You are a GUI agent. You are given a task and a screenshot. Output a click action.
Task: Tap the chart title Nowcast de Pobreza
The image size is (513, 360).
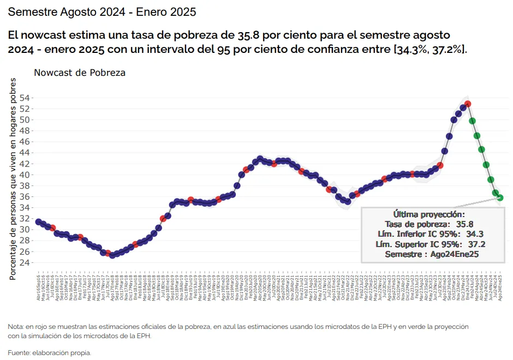(x=80, y=73)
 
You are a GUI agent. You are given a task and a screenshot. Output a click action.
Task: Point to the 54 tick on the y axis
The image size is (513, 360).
(x=25, y=98)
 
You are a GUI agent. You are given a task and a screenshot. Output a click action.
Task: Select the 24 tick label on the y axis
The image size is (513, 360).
(x=25, y=262)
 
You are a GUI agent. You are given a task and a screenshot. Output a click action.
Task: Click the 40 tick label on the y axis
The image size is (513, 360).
(x=25, y=175)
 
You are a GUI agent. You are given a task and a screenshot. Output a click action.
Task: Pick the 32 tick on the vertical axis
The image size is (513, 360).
(x=25, y=218)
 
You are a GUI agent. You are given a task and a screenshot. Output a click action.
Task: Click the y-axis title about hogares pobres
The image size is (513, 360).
(x=13, y=178)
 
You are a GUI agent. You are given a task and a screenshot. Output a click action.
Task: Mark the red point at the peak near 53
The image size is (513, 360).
(x=468, y=104)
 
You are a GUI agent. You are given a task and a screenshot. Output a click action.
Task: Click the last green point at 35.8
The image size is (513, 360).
(x=500, y=198)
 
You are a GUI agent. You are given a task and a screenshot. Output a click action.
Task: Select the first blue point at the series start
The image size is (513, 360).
(x=38, y=222)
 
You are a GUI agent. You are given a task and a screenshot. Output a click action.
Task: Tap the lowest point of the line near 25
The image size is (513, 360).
(x=112, y=255)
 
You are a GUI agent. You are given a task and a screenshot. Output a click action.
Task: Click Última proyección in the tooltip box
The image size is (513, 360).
(x=429, y=214)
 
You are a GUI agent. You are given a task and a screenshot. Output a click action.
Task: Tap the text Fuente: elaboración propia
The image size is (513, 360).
(x=49, y=353)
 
